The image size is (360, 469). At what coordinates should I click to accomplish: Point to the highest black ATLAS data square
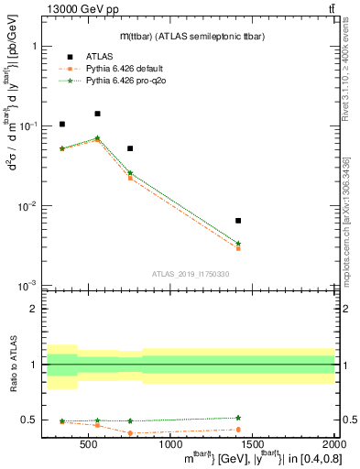pyautogui.click(x=97, y=114)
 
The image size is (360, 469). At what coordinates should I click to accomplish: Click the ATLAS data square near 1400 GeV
pyautogui.click(x=238, y=221)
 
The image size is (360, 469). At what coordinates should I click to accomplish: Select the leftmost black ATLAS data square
pyautogui.click(x=62, y=125)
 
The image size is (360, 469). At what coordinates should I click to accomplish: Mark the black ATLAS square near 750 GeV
pyautogui.click(x=130, y=148)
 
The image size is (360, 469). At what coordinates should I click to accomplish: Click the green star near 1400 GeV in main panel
pyautogui.click(x=238, y=244)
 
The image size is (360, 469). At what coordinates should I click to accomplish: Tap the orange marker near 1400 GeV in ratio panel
pyautogui.click(x=238, y=430)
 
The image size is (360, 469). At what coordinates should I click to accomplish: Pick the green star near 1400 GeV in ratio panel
pyautogui.click(x=238, y=418)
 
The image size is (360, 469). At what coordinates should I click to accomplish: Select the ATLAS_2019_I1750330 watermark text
pyautogui.click(x=191, y=274)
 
